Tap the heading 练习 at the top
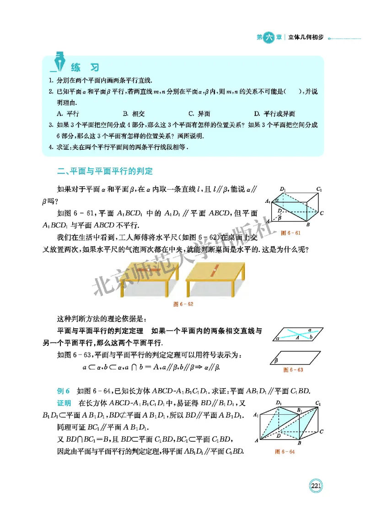85,68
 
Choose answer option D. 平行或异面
274,114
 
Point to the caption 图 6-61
291,233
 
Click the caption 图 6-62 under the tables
183,304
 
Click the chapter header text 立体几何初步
306,37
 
